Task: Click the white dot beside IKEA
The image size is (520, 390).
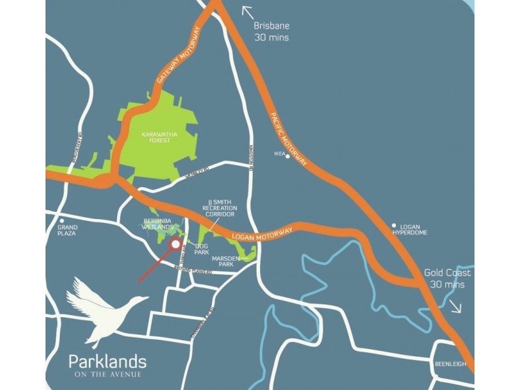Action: (x=287, y=156)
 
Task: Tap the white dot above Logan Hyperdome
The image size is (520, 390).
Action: (x=393, y=226)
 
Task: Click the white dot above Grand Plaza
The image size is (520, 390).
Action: (x=62, y=219)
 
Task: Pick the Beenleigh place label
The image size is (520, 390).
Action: (x=450, y=364)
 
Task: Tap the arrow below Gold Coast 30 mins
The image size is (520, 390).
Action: (x=456, y=306)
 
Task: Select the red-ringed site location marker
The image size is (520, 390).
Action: (x=175, y=244)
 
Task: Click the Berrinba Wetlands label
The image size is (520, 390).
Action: (x=157, y=224)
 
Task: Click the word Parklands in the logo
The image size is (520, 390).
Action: (x=107, y=361)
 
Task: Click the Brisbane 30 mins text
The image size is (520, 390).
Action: (x=271, y=32)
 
